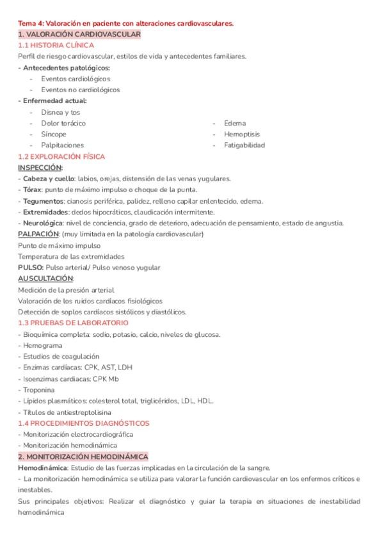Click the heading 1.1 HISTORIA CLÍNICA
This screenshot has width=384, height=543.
pyautogui.click(x=56, y=45)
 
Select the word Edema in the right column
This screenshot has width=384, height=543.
pyautogui.click(x=235, y=123)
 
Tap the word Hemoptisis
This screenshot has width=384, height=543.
pyautogui.click(x=242, y=134)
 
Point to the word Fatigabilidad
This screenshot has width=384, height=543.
pyautogui.click(x=244, y=145)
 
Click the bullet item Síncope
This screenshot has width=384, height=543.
pyautogui.click(x=53, y=134)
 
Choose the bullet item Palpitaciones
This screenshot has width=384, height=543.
pyautogui.click(x=62, y=145)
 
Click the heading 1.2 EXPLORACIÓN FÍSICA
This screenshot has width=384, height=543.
pyautogui.click(x=61, y=156)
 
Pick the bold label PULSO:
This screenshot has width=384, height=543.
pyautogui.click(x=31, y=268)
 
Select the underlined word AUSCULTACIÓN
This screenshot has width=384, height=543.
pyautogui.click(x=45, y=279)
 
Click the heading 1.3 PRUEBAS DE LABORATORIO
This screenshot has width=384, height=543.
pyautogui.click(x=73, y=323)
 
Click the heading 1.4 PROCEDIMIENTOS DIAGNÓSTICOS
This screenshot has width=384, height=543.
pyautogui.click(x=84, y=423)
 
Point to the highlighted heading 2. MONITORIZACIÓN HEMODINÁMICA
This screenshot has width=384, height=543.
pyautogui.click(x=83, y=457)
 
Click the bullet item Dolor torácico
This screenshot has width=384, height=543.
pyautogui.click(x=63, y=123)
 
